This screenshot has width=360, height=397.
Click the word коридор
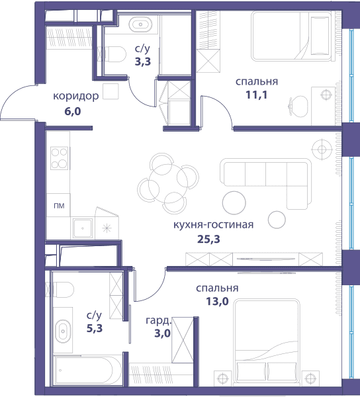(x=75, y=96)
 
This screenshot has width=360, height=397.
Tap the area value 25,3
(x=208, y=239)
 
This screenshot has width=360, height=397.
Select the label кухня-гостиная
(x=213, y=225)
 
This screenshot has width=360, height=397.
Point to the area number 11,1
(x=257, y=95)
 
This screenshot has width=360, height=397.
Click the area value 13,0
(x=217, y=301)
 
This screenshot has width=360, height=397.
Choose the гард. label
(x=158, y=321)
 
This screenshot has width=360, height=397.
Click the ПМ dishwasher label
(x=59, y=206)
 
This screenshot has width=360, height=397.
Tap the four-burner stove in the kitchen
(x=60, y=158)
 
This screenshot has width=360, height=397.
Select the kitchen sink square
(x=83, y=228)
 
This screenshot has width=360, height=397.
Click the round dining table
(x=168, y=183)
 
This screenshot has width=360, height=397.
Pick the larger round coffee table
(x=234, y=202)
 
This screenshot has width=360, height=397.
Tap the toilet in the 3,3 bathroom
(x=115, y=54)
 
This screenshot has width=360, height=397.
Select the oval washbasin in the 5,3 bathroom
(x=63, y=331)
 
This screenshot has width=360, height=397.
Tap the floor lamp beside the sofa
(x=322, y=149)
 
